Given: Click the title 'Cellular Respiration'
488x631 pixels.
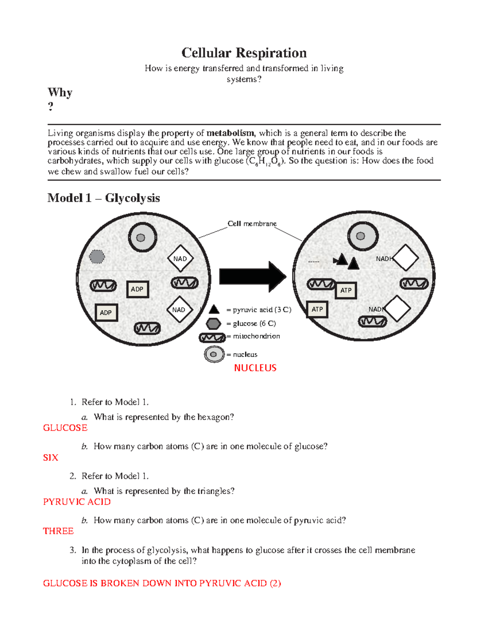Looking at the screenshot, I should click(244, 53).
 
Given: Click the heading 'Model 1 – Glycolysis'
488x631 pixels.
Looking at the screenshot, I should click(103, 198).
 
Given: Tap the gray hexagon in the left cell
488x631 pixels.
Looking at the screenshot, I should click(97, 256).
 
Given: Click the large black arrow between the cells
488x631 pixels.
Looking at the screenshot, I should click(252, 277).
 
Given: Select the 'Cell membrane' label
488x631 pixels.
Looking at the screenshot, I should click(252, 223).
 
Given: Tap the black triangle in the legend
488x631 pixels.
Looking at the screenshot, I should click(214, 310).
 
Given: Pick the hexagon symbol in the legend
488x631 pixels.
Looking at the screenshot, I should click(213, 323).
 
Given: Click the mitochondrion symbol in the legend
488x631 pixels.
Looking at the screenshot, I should click(212, 337).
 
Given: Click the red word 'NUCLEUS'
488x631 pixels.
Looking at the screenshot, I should click(255, 368).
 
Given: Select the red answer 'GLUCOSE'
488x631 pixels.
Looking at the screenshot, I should click(65, 428).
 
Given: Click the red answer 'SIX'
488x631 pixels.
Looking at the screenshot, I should click(50, 458).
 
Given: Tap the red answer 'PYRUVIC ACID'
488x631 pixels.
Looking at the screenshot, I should click(76, 502).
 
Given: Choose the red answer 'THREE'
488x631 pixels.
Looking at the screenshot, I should click(58, 531).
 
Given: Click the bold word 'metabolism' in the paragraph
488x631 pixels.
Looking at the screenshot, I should click(230, 133).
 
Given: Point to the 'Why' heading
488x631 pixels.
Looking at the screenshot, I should click(60, 93).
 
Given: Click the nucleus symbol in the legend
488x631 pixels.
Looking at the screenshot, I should click(214, 354).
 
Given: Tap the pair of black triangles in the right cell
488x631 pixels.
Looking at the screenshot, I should click(347, 261).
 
